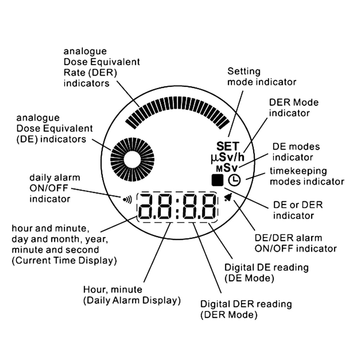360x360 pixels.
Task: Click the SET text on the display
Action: click(x=227, y=146)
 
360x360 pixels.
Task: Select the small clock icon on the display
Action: click(x=234, y=180)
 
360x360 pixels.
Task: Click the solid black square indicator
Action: click(x=217, y=180)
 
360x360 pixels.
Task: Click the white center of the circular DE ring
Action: click(x=132, y=159)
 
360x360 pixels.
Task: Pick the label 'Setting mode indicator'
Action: click(x=262, y=77)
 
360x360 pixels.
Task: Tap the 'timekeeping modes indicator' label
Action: click(x=307, y=176)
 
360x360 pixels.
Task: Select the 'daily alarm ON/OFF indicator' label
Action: click(x=54, y=188)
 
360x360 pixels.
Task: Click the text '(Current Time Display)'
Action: click(x=64, y=261)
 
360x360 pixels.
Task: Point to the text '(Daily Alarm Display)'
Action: click(x=132, y=301)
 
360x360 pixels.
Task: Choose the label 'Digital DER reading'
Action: click(x=246, y=303)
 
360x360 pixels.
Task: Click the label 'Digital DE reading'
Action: click(x=266, y=267)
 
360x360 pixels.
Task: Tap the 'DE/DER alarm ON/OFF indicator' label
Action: click(x=295, y=243)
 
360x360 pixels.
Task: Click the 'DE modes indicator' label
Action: click(x=296, y=152)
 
